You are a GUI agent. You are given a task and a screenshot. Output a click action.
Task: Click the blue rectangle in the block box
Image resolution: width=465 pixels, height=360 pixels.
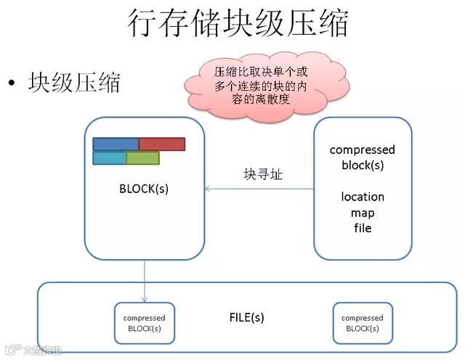tap(116, 144)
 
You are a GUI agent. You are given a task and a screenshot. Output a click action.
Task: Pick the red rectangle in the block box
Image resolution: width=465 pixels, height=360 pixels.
tap(162, 144)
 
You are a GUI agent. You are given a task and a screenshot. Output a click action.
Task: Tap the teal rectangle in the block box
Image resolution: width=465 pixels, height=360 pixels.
tap(109, 157)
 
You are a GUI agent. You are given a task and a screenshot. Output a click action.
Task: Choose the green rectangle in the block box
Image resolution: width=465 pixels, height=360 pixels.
tap(142, 157)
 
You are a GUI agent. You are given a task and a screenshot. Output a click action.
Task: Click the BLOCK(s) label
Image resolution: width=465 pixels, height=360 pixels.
tap(144, 189)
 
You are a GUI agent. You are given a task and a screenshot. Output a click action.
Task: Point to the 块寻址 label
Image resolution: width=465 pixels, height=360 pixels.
tap(259, 175)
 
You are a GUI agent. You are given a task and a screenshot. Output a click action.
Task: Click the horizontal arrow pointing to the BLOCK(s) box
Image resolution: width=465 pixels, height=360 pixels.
tap(259, 189)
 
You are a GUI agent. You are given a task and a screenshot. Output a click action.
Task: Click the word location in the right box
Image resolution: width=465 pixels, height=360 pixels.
tap(363, 197)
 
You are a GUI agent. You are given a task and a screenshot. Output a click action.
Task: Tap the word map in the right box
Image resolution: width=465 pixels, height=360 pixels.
tap(363, 213)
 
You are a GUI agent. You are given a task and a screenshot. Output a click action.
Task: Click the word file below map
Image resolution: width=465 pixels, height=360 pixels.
tap(363, 228)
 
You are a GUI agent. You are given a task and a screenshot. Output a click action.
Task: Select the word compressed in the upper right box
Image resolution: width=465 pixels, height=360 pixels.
tap(363, 150)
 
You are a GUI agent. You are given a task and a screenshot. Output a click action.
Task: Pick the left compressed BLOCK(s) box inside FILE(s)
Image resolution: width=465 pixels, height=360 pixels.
tap(144, 323)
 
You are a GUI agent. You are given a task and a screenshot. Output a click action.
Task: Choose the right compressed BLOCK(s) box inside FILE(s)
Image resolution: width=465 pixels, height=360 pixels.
tap(362, 323)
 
